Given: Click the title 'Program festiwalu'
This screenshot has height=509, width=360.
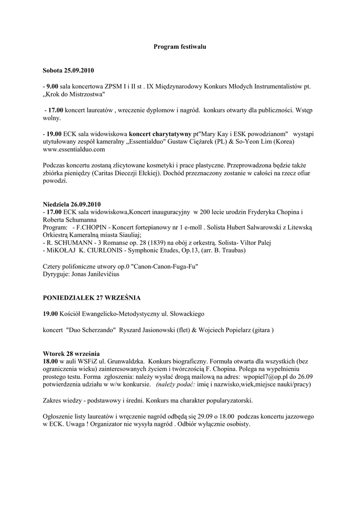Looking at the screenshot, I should pos(180,47).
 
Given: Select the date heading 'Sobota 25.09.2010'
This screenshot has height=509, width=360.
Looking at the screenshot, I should pos(68,70).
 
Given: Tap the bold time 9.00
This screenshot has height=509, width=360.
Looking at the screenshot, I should pos(52,86).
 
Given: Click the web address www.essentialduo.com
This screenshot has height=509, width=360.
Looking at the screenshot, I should pos(74,149).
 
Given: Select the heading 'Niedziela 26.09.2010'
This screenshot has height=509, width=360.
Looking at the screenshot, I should pos(72,204).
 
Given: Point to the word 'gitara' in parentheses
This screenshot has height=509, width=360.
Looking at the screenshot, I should pos(261,330).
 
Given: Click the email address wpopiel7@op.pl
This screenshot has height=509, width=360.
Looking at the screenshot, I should pos(267,377).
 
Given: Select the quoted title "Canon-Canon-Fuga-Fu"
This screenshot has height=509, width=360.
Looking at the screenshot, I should pos(160,266).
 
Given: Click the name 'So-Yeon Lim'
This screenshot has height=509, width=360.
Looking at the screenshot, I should pos(243,141).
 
